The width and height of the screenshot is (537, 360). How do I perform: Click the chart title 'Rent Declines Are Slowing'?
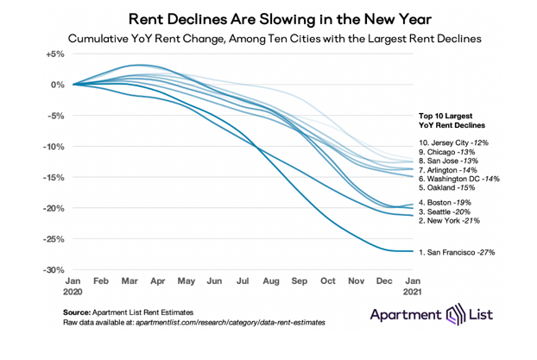click(x=268, y=17)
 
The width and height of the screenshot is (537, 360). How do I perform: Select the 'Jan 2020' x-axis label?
click(x=73, y=287)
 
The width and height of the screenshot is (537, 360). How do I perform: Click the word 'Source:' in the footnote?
click(x=79, y=310)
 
